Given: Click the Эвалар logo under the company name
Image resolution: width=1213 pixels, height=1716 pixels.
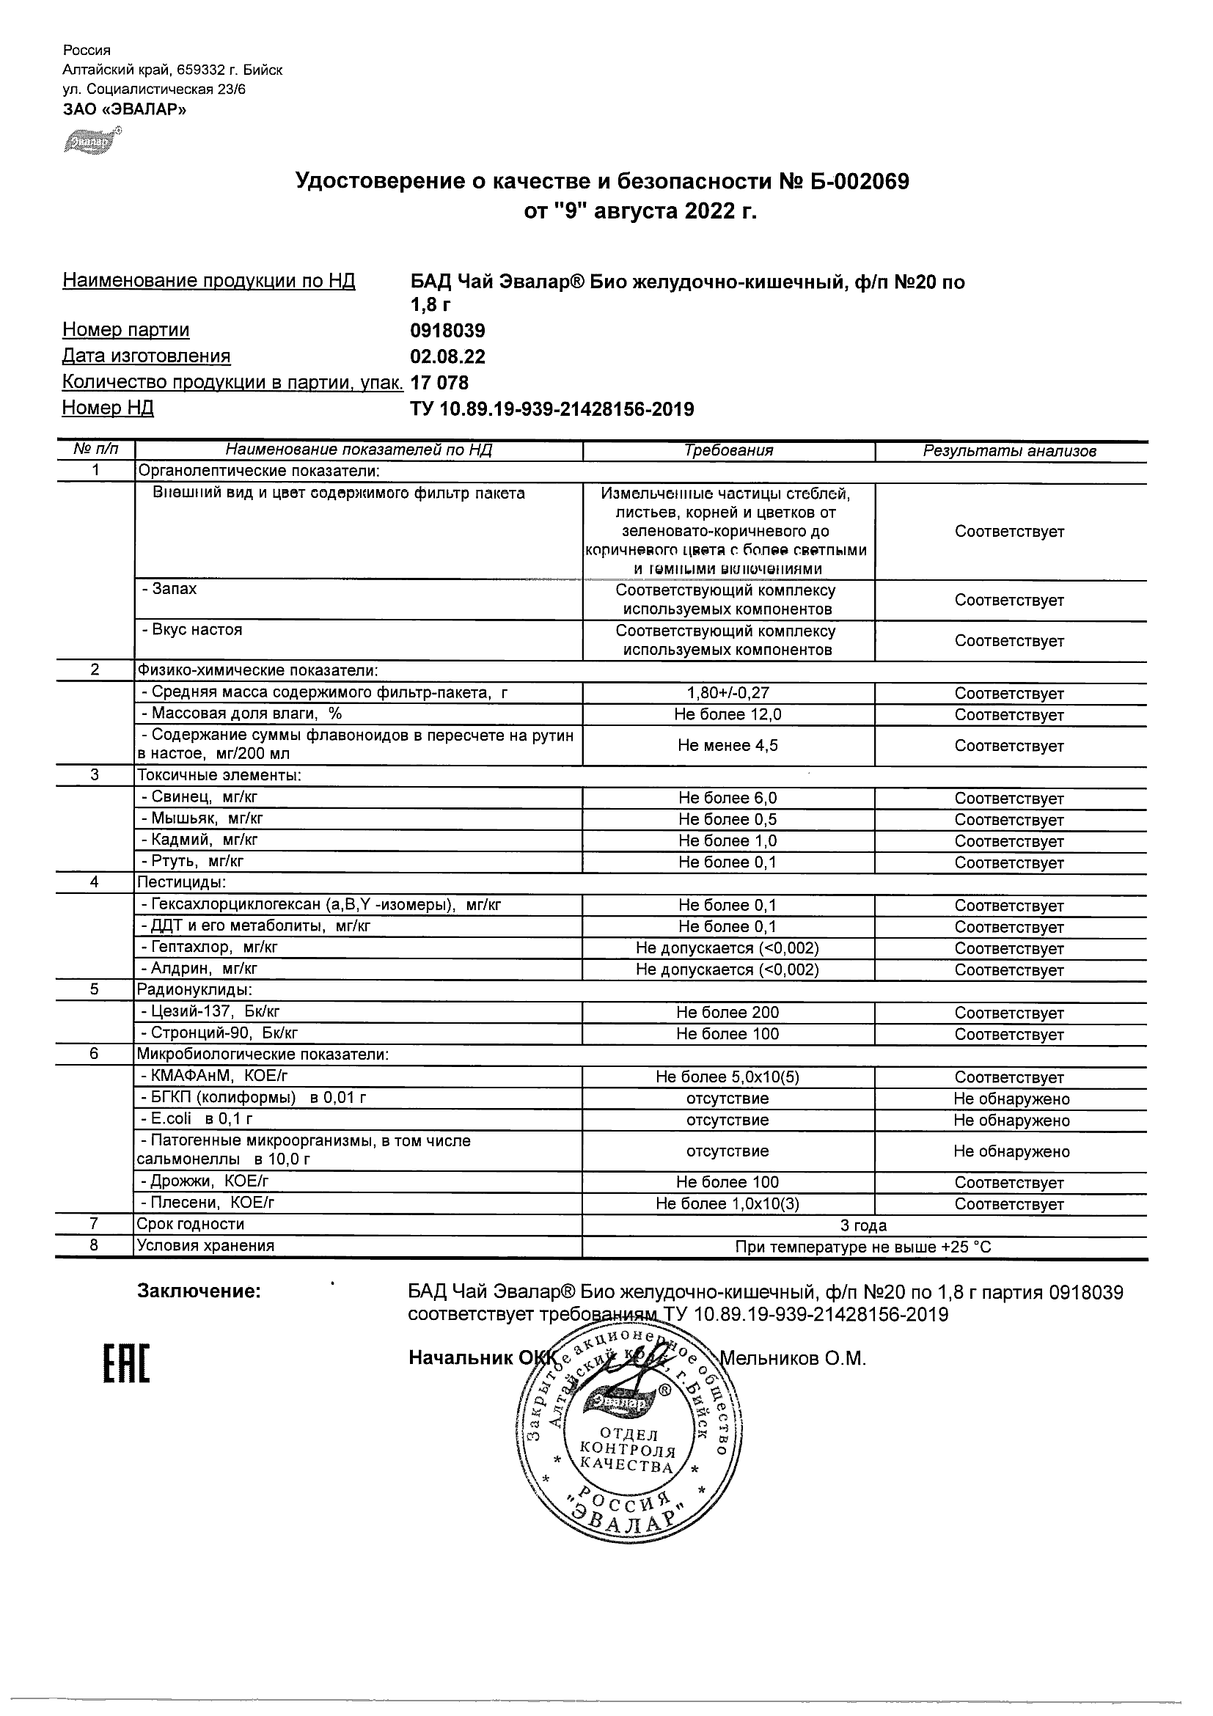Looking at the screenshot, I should [x=93, y=142].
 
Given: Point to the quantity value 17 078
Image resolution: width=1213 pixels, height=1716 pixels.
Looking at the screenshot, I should [x=439, y=383].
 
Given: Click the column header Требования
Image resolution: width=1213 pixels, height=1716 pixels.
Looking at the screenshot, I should [x=728, y=451].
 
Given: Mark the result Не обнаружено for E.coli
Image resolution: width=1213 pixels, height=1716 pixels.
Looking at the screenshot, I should [x=1011, y=1121].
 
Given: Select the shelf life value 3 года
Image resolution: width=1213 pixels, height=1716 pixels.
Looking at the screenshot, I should [x=863, y=1225].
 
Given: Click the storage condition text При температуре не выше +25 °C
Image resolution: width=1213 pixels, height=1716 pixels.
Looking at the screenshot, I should [x=863, y=1247].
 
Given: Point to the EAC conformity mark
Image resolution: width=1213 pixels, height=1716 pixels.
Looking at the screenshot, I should [x=125, y=1364].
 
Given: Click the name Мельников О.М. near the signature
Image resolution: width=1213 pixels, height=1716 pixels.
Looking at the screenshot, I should [x=792, y=1359].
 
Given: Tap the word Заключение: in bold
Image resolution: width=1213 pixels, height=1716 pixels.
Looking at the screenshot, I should [x=199, y=1291].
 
